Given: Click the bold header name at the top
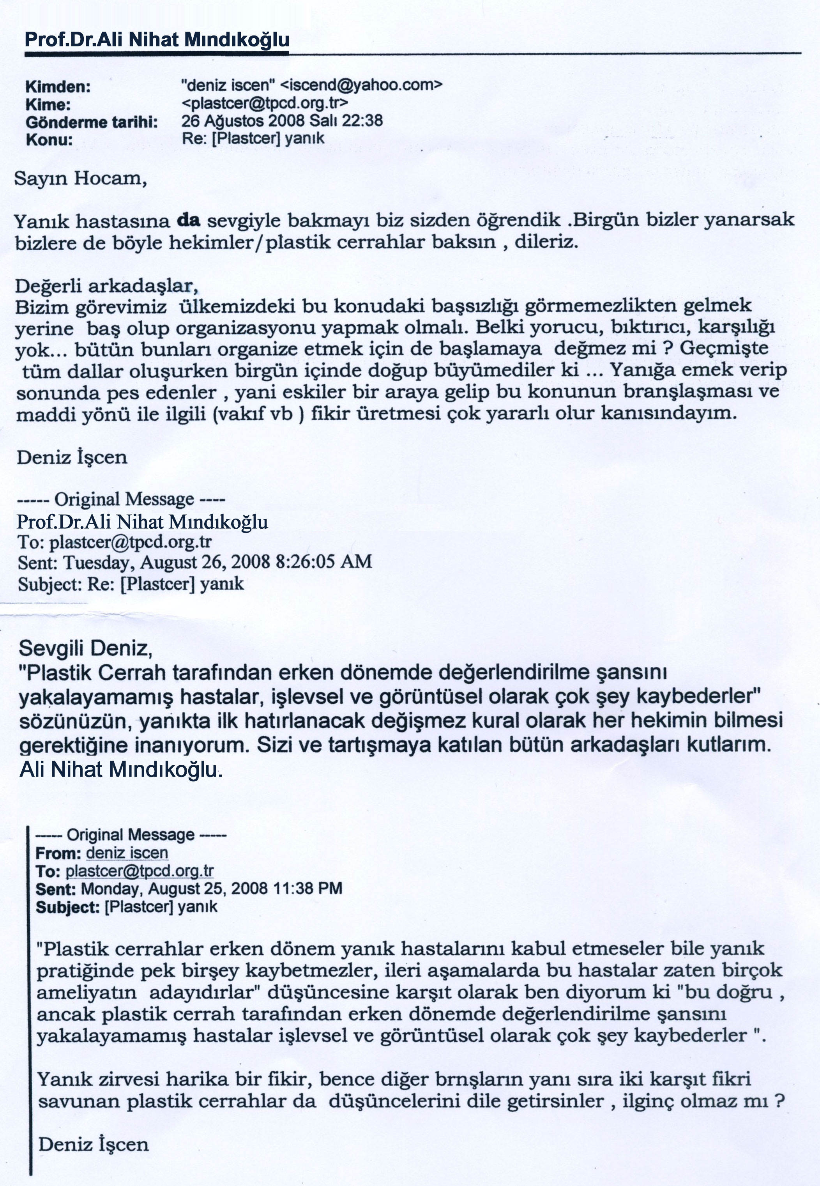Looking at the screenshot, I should tap(157, 39).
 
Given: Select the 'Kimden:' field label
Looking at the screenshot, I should tap(58, 87).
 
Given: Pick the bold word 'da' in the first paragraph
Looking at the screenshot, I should tap(189, 220).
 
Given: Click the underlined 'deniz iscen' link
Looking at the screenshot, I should tap(127, 853).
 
